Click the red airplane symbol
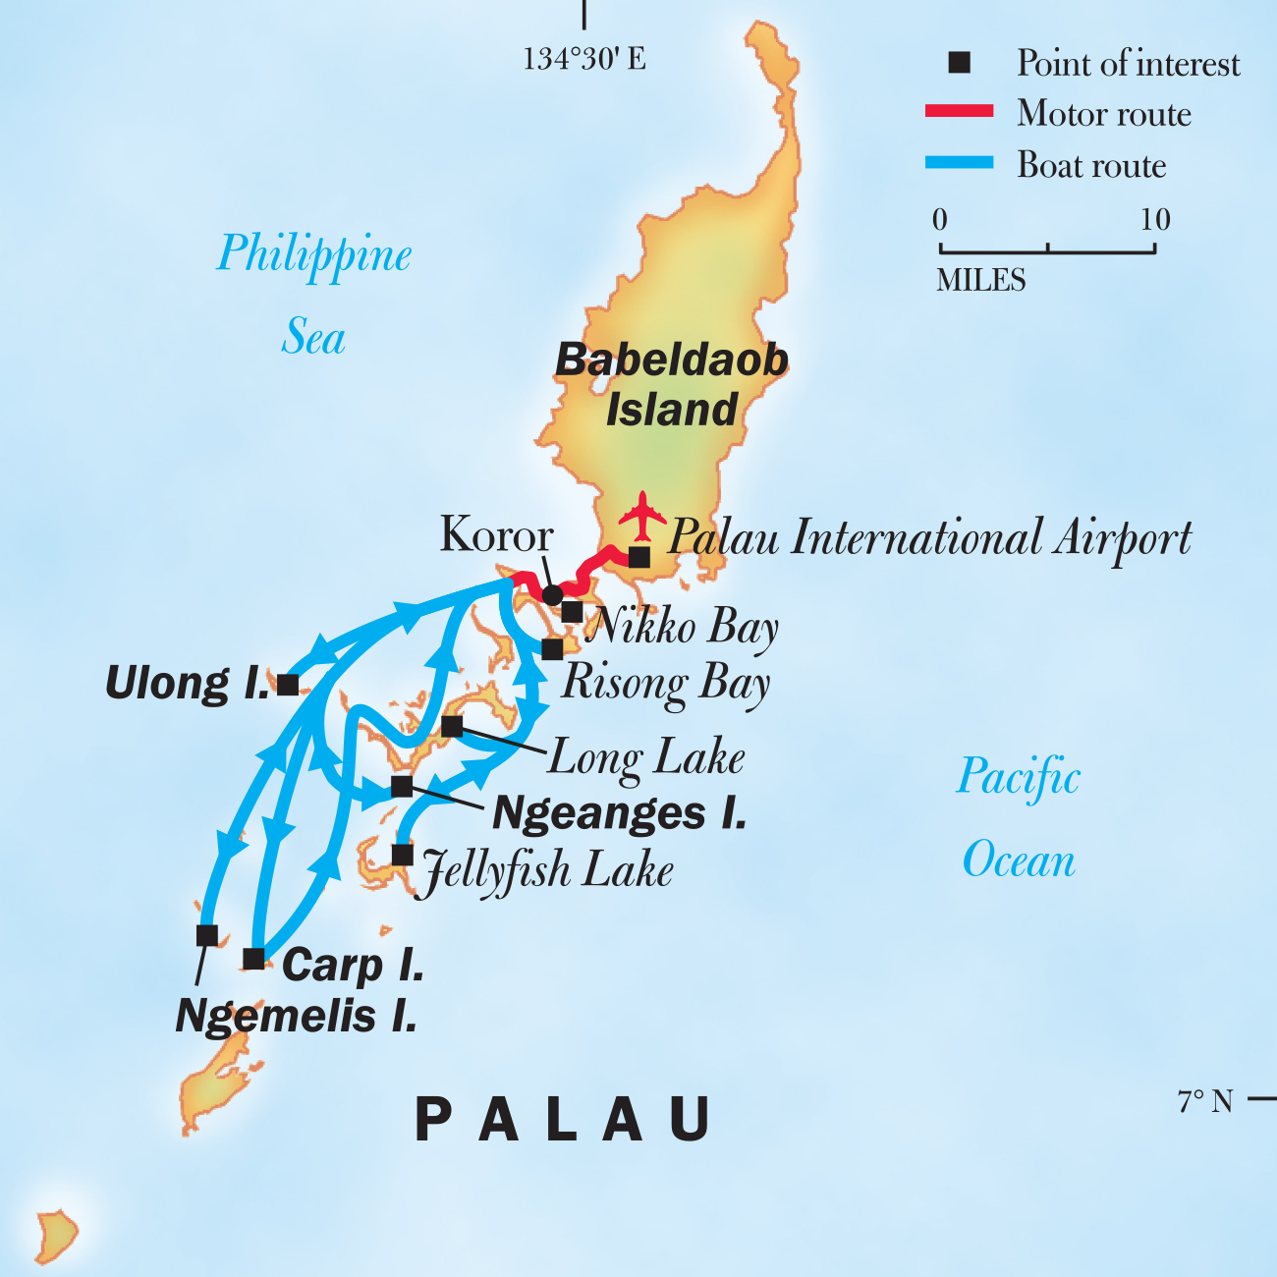[x=642, y=516]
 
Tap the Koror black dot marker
[x=553, y=594]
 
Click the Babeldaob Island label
[x=672, y=385]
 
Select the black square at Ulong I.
[x=288, y=685]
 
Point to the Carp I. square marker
[x=253, y=959]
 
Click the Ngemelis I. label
[x=297, y=1017]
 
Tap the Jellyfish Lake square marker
[x=402, y=855]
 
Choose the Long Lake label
[x=646, y=758]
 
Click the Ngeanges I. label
[x=620, y=813]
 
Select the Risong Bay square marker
[x=552, y=649]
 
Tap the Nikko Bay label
[x=682, y=627]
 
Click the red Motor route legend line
[x=959, y=111]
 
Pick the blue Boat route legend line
[x=959, y=163]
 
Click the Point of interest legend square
[x=959, y=63]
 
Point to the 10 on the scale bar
[x=1155, y=219]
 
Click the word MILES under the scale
[x=980, y=281]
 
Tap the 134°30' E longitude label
[x=584, y=59]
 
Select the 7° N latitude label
[x=1205, y=1101]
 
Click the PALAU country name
[x=564, y=1119]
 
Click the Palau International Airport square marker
[x=638, y=557]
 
